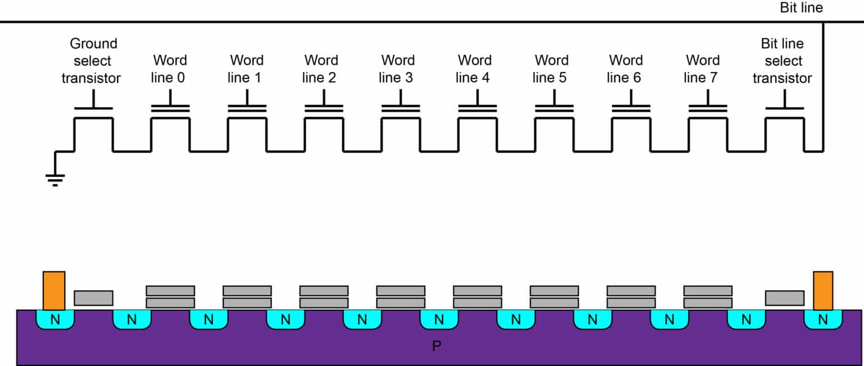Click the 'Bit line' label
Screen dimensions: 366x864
(x=801, y=8)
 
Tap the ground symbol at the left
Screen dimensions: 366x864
(x=55, y=178)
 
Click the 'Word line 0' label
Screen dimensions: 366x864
(x=170, y=69)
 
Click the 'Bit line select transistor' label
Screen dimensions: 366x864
(x=782, y=61)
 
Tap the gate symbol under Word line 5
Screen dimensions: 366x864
(x=554, y=108)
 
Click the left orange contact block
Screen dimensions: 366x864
(x=54, y=291)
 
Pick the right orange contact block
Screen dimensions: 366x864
(x=823, y=291)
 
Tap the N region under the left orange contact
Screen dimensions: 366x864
(x=55, y=320)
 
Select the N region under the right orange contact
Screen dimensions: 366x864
(x=823, y=320)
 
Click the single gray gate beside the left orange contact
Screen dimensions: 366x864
(x=93, y=298)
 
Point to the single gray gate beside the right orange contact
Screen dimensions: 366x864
(x=785, y=298)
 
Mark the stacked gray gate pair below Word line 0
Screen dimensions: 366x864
(x=170, y=297)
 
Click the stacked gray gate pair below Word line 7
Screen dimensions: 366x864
(x=708, y=297)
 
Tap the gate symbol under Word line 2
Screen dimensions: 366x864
(x=323, y=108)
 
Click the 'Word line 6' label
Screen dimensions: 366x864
(x=625, y=69)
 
